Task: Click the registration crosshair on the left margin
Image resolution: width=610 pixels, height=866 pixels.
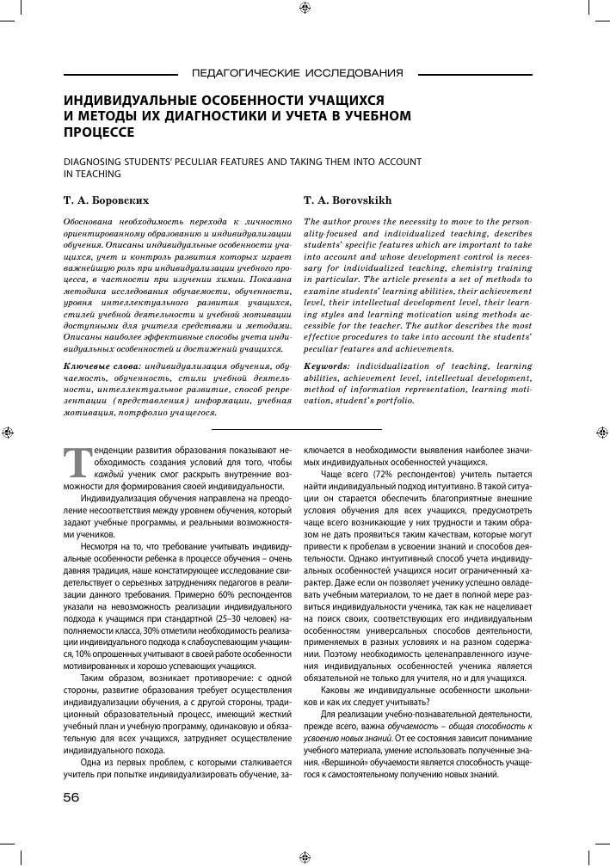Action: point(9,433)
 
